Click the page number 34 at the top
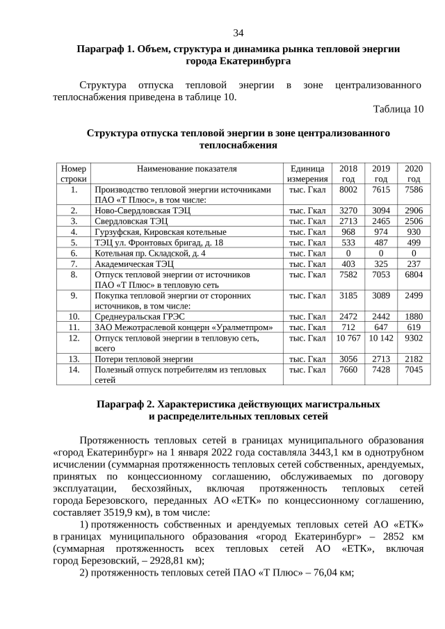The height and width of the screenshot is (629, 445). [x=238, y=33]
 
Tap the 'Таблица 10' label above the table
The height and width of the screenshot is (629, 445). [x=398, y=109]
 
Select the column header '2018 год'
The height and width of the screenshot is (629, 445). [x=348, y=174]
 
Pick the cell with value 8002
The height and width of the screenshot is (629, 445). [x=348, y=189]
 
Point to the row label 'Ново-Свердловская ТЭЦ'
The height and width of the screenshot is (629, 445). [x=143, y=210]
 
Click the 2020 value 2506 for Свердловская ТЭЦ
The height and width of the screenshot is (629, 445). [x=414, y=221]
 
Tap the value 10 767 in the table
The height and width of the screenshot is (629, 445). [x=348, y=338]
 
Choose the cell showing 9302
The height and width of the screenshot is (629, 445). [x=414, y=338]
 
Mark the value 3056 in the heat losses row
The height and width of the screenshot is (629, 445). [x=348, y=359]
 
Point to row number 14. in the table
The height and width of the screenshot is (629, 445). [x=74, y=370]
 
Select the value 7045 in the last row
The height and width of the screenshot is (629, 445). [x=414, y=370]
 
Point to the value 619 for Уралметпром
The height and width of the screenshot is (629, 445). [x=414, y=327]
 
